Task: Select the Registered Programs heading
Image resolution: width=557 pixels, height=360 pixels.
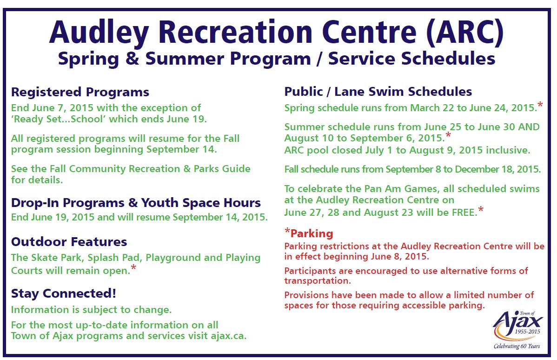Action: point(80,92)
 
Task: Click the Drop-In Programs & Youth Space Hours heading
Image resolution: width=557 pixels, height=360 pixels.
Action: point(136,203)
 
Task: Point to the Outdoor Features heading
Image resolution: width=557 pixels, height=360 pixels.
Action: point(69,242)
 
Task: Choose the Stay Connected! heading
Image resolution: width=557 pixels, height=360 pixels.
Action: point(63,293)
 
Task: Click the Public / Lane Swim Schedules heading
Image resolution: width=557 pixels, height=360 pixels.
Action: point(378,92)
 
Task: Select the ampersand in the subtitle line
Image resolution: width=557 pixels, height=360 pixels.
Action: point(135,60)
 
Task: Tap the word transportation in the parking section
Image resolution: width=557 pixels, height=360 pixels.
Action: point(317,281)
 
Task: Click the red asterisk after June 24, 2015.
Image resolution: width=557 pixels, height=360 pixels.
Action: point(540,105)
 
